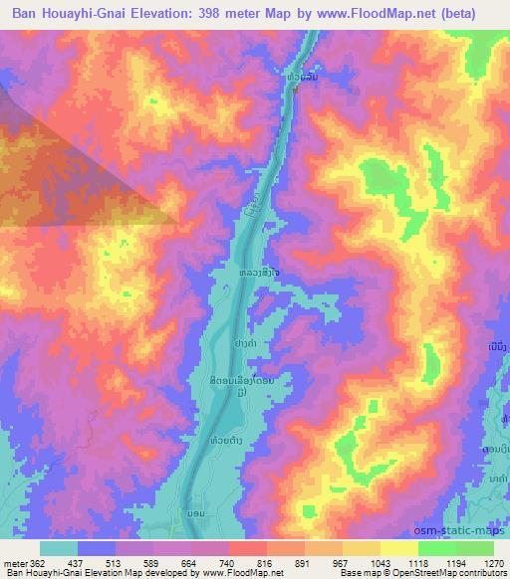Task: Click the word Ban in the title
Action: point(28,13)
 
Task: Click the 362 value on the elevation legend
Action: point(34,562)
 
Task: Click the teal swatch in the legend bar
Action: point(59,548)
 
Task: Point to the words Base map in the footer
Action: point(354,573)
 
